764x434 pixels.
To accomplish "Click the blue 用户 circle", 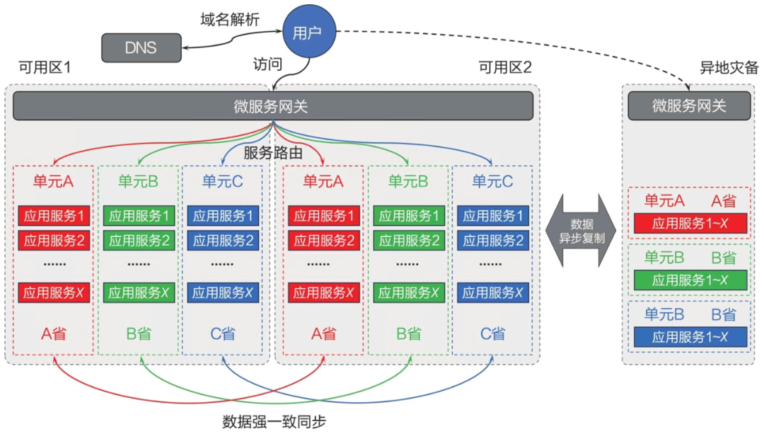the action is coord(309,32).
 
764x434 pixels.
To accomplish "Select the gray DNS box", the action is coord(141,47).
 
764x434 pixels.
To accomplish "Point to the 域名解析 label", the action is coord(230,20).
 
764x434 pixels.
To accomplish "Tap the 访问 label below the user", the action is coord(267,64).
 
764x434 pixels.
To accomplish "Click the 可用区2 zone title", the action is coord(505,67).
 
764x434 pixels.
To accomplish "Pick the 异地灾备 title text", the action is coord(729,67).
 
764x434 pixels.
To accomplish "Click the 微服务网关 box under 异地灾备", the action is coord(689,105).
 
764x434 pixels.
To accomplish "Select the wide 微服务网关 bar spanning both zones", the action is coord(273,105).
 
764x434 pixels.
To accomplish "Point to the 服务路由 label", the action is coord(273,153).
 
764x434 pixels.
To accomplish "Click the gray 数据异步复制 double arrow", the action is coord(581,231).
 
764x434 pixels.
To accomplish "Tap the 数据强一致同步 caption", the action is coord(274,422).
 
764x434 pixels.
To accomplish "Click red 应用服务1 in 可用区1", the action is coord(54,215).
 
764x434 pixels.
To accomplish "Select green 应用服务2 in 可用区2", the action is coord(409,241).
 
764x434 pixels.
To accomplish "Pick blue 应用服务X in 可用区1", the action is coord(223,292).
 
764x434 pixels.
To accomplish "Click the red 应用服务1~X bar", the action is coord(690,223).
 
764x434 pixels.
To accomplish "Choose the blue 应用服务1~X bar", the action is coord(690,337).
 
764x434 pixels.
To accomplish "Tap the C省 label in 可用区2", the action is coord(492,334).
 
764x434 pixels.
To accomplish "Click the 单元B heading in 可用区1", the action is coord(139,181).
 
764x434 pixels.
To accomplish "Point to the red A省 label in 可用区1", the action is coord(54,334).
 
